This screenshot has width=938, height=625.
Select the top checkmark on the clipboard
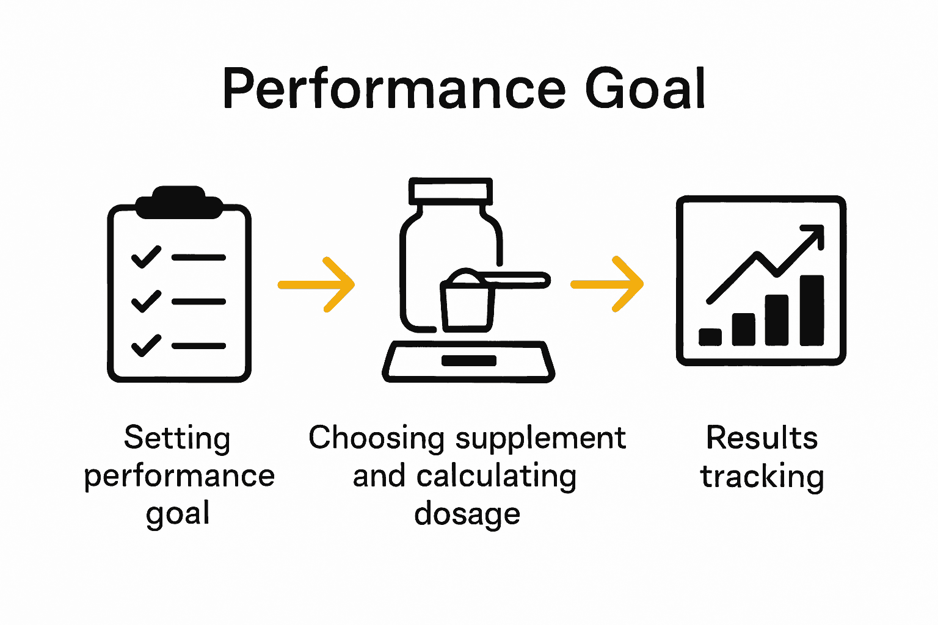pyautogui.click(x=146, y=257)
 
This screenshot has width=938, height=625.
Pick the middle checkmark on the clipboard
pyautogui.click(x=146, y=301)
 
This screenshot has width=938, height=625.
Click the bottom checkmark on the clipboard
pyautogui.click(x=146, y=345)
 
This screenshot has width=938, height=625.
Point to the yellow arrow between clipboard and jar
pyautogui.click(x=317, y=284)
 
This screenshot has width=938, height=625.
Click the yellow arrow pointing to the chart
pyautogui.click(x=608, y=284)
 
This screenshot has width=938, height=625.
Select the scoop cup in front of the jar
pyautogui.click(x=467, y=305)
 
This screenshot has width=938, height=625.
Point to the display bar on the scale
pyautogui.click(x=468, y=360)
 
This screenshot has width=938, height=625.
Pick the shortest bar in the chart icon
pyautogui.click(x=710, y=337)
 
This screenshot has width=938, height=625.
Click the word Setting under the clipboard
pyautogui.click(x=177, y=438)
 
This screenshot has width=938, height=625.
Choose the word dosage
pyautogui.click(x=467, y=514)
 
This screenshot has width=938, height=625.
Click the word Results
pyautogui.click(x=762, y=438)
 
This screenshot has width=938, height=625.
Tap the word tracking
pyautogui.click(x=762, y=477)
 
